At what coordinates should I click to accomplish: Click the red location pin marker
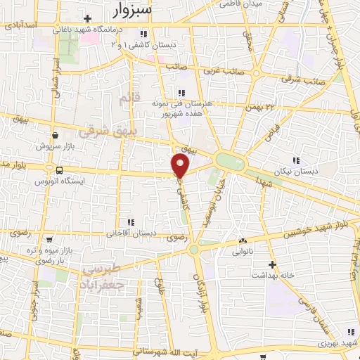point(181,166)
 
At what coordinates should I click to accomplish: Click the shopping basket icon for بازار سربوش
point(54,136)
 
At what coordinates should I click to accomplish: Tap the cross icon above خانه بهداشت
point(273,266)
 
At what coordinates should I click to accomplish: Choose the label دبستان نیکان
point(295,171)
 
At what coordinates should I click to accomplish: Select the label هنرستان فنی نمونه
point(181,103)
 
